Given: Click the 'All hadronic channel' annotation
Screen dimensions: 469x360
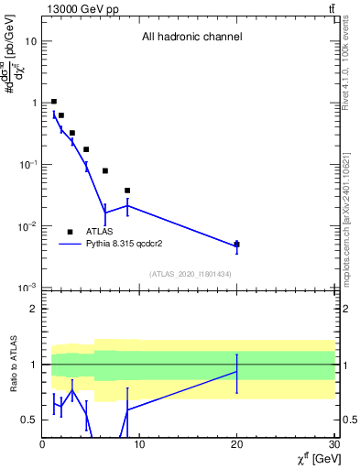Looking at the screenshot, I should click(x=191, y=38).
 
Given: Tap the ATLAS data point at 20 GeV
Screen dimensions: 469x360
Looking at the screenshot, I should click(x=237, y=245).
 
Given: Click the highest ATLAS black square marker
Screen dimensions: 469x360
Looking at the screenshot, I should click(x=54, y=102).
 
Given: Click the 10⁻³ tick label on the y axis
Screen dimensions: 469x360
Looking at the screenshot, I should click(x=27, y=288).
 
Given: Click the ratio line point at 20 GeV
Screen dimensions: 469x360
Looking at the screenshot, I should click(x=237, y=371).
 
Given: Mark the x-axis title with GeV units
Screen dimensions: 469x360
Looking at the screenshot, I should click(x=313, y=460).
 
